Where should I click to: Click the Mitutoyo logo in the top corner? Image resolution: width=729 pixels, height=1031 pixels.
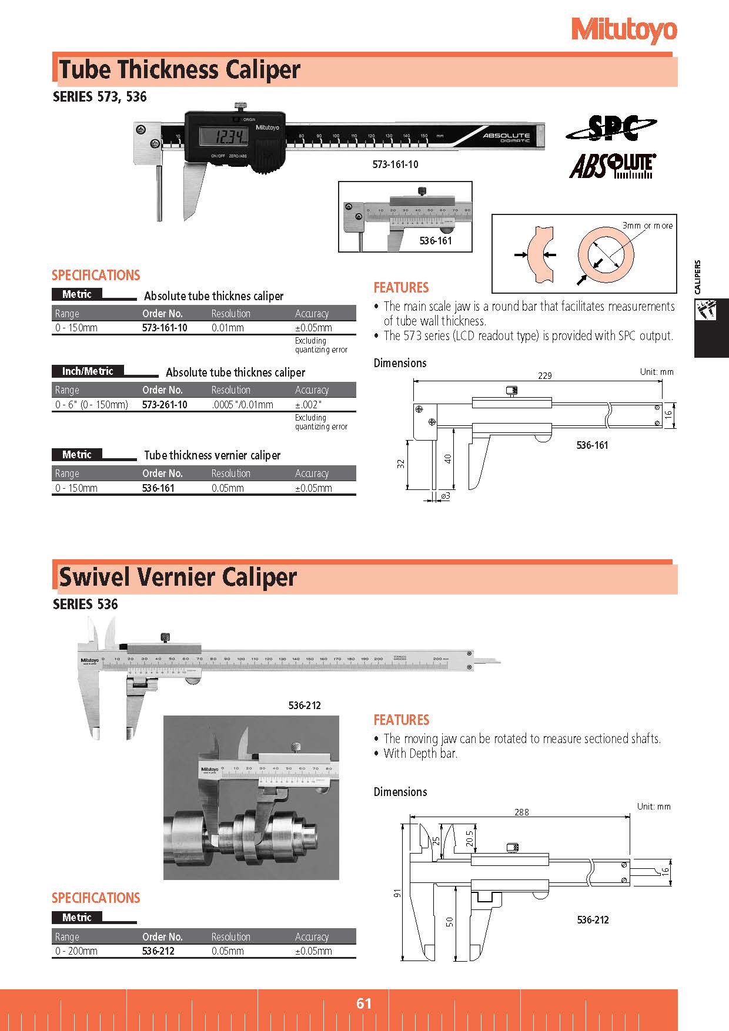(x=624, y=31)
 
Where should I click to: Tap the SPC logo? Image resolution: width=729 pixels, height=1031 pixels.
(x=611, y=128)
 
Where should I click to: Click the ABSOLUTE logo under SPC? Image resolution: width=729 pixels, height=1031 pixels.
(x=612, y=166)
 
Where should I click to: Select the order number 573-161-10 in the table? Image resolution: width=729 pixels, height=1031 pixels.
(x=165, y=328)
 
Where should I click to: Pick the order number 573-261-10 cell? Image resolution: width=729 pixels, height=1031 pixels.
(x=165, y=405)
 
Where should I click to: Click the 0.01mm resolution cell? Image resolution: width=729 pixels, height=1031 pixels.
(x=228, y=328)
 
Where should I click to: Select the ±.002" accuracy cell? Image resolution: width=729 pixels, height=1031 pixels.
(x=308, y=405)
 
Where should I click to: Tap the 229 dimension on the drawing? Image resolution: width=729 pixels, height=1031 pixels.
(x=545, y=375)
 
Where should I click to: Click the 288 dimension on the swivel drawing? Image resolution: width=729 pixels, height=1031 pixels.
(x=521, y=812)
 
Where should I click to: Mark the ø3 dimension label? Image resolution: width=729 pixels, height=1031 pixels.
(x=445, y=496)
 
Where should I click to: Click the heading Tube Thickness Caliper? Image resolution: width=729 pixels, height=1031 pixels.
(x=179, y=70)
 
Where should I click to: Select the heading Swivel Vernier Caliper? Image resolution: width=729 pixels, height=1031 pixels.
(x=178, y=577)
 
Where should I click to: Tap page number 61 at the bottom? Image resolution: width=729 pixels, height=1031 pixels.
(x=364, y=1003)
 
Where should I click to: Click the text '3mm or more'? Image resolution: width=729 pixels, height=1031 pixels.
(x=647, y=226)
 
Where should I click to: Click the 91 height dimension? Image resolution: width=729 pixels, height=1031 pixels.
(x=397, y=892)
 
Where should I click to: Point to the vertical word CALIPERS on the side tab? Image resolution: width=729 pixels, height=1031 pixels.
(x=698, y=277)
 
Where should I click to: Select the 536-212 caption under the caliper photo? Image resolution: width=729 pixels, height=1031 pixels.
(x=305, y=705)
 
